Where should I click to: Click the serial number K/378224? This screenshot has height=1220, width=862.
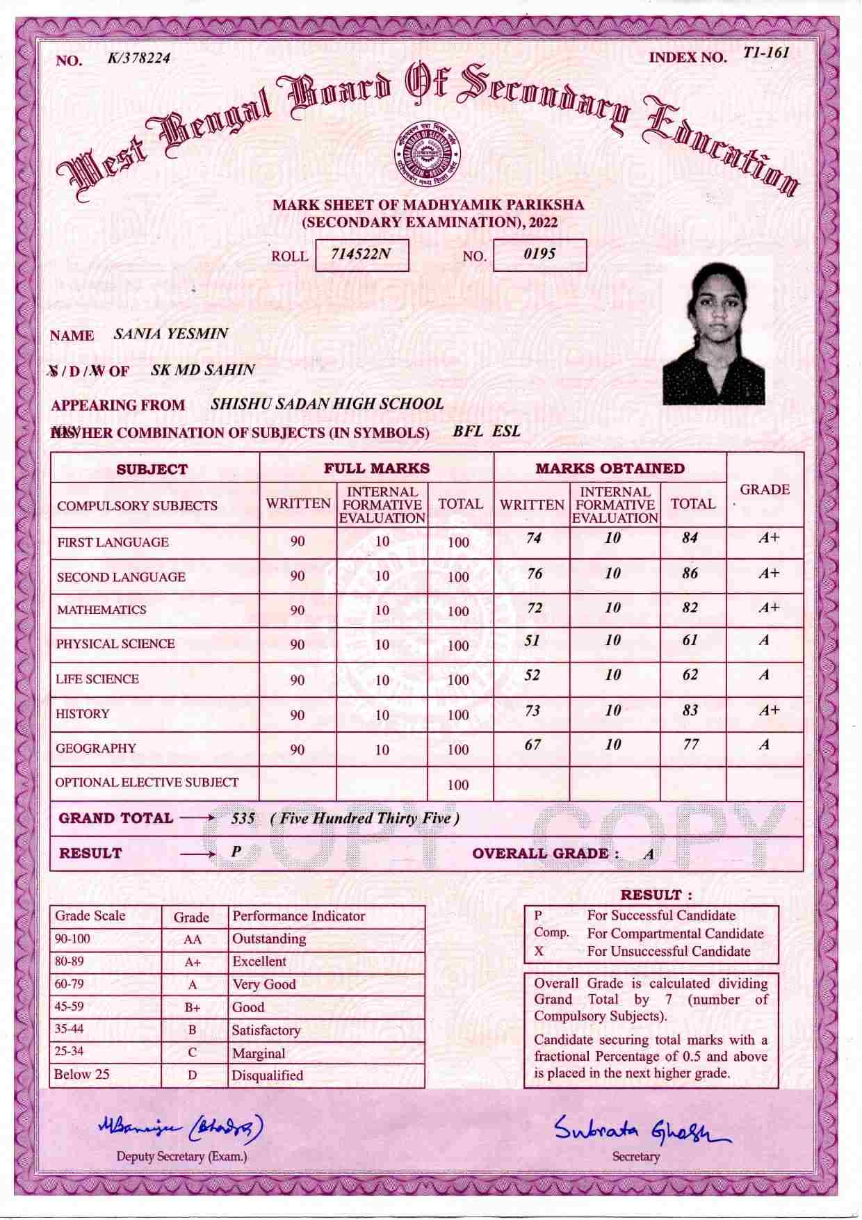click(139, 58)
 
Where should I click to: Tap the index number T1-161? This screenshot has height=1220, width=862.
click(765, 53)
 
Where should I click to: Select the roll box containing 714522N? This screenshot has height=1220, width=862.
click(361, 255)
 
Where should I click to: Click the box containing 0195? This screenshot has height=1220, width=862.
click(539, 255)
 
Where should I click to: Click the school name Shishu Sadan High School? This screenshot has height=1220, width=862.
click(327, 404)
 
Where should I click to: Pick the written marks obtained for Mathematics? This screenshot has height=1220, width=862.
click(534, 608)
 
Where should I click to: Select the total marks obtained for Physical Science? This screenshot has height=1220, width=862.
click(690, 640)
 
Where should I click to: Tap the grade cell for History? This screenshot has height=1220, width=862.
click(768, 710)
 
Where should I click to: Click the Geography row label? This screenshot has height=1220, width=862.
click(96, 749)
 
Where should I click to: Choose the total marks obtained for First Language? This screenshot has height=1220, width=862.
click(690, 538)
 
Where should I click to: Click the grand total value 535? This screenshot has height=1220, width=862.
click(243, 819)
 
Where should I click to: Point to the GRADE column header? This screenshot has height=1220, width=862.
click(765, 489)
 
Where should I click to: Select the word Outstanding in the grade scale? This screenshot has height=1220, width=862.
click(269, 939)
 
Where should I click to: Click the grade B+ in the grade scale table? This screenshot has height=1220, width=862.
click(193, 1007)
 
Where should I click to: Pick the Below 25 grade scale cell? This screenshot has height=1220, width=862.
click(82, 1075)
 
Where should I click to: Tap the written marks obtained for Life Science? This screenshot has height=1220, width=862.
click(532, 675)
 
